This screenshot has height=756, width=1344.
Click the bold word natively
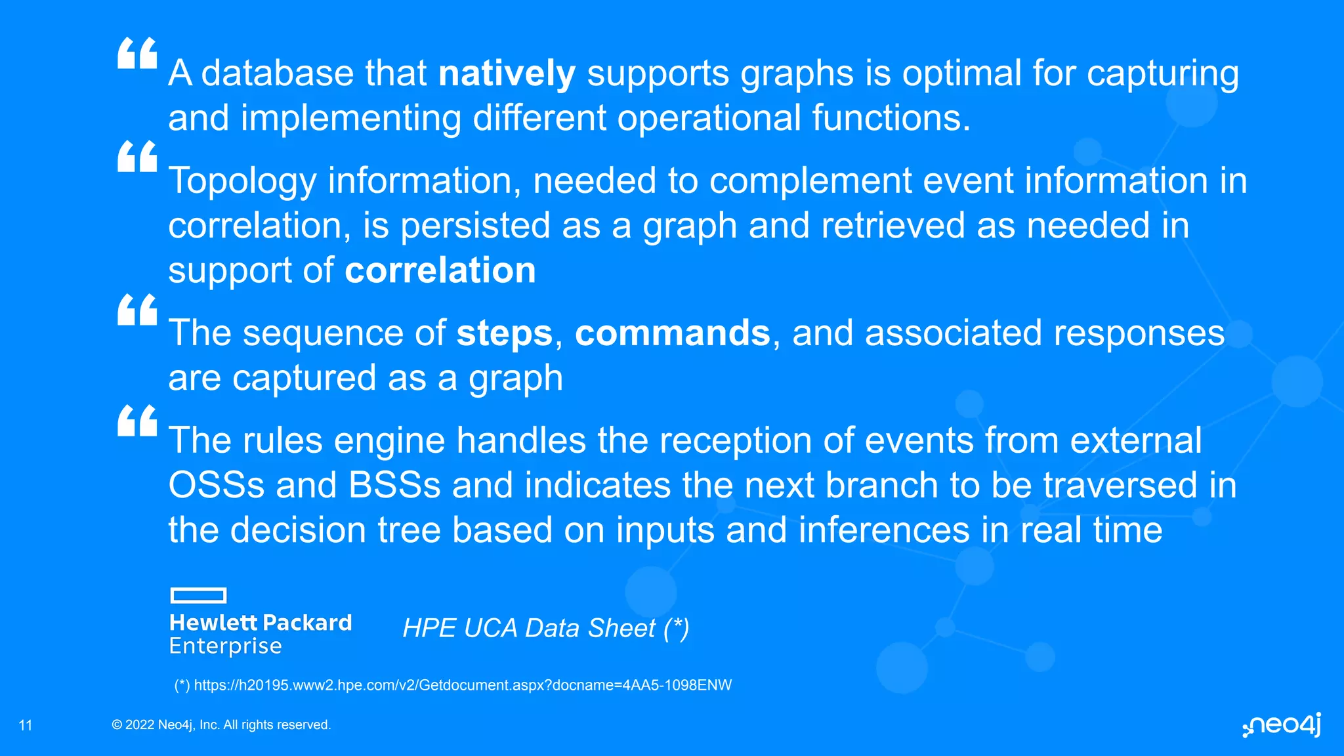click(x=507, y=73)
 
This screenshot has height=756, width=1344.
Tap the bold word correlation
click(x=440, y=270)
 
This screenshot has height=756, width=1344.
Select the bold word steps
click(x=504, y=333)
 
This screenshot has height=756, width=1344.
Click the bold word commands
click(x=672, y=333)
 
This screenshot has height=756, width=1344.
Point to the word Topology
click(x=242, y=181)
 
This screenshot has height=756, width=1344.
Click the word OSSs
click(x=216, y=486)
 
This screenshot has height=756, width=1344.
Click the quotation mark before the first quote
click(x=137, y=54)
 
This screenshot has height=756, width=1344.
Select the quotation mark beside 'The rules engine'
click(x=137, y=421)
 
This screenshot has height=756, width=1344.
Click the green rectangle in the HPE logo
click(x=198, y=595)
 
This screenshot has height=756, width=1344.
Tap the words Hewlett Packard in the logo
click(x=261, y=623)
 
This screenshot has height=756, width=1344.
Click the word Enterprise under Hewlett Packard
click(x=225, y=646)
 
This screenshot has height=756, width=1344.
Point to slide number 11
click(x=26, y=725)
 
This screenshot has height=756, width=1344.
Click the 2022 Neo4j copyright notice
click(x=221, y=725)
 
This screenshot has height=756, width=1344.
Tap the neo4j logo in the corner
click(x=1282, y=725)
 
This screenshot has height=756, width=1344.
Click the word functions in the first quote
click(x=891, y=118)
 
